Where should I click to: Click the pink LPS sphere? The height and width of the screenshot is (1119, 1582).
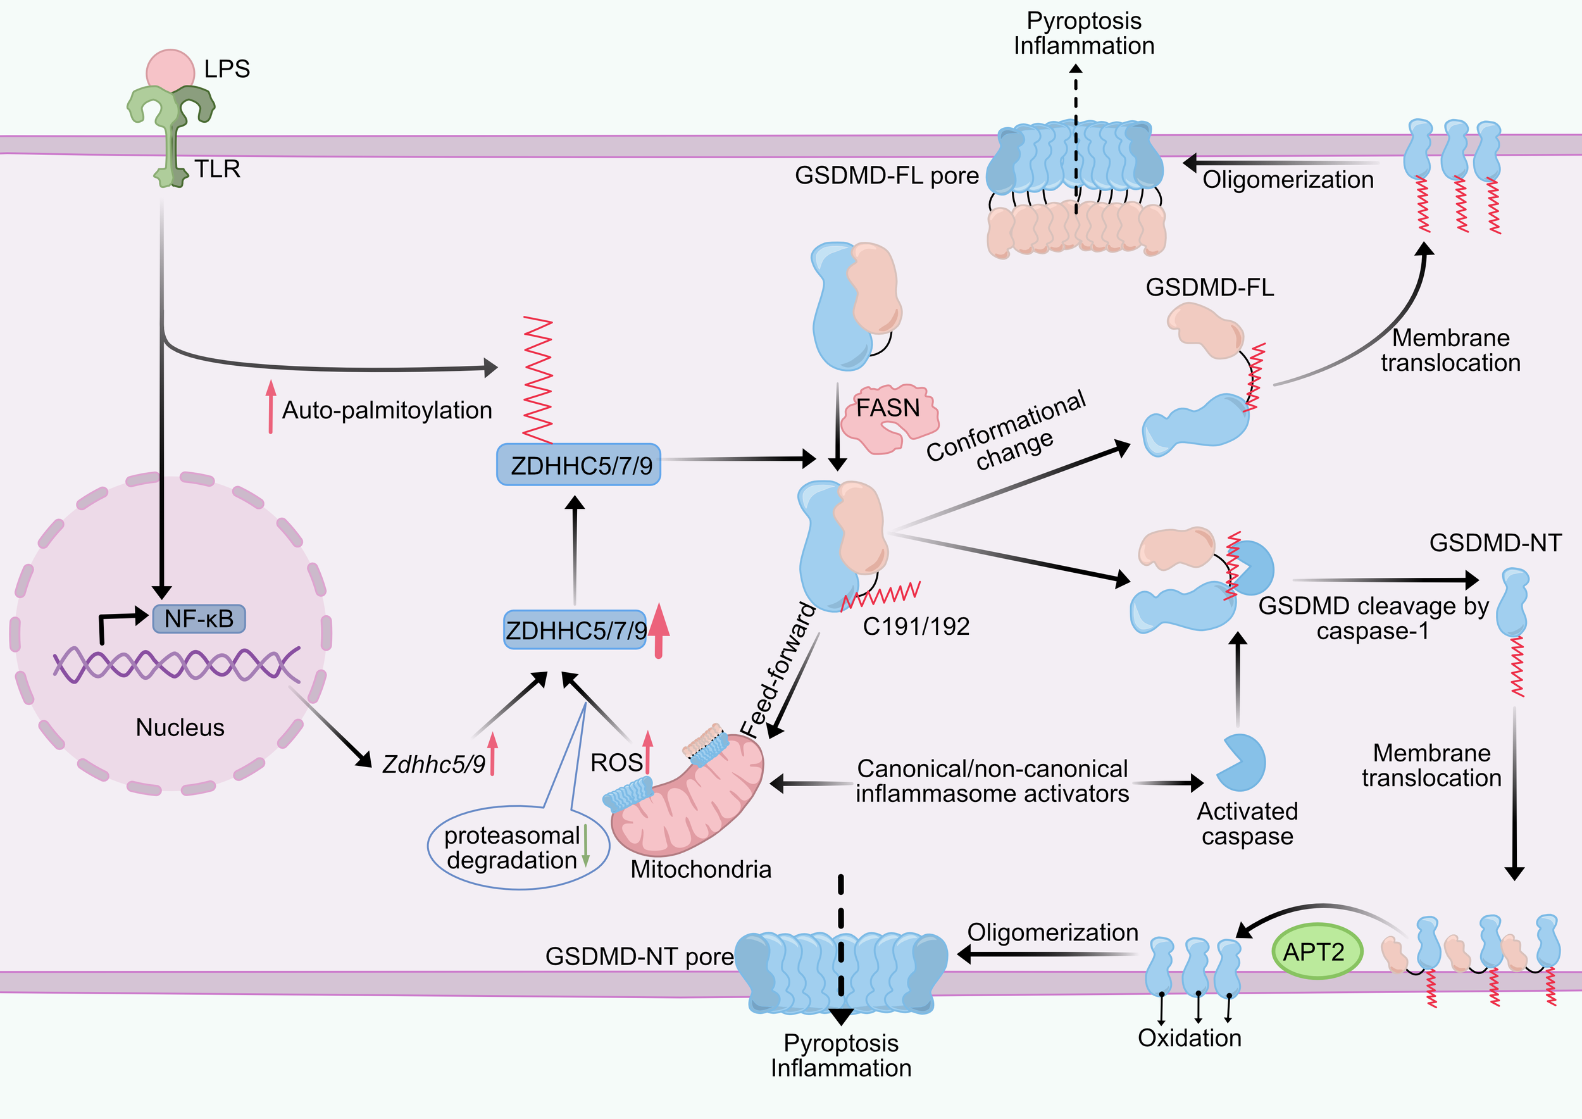pyautogui.click(x=170, y=69)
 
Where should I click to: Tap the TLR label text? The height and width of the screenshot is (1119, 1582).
pyautogui.click(x=217, y=169)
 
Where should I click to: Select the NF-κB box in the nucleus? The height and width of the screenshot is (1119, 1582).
pyautogui.click(x=199, y=619)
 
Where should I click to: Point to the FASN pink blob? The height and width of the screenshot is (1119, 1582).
pyautogui.click(x=889, y=418)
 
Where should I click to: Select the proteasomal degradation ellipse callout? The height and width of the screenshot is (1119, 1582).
pyautogui.click(x=518, y=847)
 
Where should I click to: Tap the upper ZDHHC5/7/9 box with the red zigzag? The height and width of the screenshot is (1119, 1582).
pyautogui.click(x=578, y=465)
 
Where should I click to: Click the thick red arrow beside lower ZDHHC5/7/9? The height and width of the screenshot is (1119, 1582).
pyautogui.click(x=658, y=630)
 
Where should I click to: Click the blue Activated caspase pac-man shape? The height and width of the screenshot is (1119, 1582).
pyautogui.click(x=1242, y=763)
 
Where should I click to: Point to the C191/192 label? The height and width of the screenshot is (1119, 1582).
pyautogui.click(x=916, y=627)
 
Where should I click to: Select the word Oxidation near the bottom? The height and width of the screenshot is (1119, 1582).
pyautogui.click(x=1189, y=1038)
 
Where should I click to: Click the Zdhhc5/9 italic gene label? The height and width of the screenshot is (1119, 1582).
pyautogui.click(x=433, y=764)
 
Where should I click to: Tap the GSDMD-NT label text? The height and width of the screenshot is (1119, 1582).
pyautogui.click(x=1495, y=543)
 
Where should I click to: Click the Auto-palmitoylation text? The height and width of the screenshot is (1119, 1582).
pyautogui.click(x=387, y=410)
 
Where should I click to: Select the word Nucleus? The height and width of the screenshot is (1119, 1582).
pyautogui.click(x=180, y=727)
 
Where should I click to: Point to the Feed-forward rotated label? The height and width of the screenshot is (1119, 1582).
pyautogui.click(x=778, y=670)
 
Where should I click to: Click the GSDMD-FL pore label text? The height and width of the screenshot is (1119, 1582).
pyautogui.click(x=886, y=175)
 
